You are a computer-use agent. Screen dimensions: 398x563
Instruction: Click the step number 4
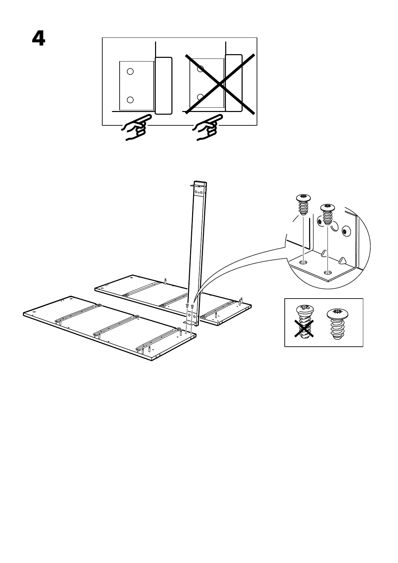(39, 39)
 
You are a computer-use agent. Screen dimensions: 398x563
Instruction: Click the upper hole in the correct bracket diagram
(130, 71)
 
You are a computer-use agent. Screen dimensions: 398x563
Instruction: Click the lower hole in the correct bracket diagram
(130, 99)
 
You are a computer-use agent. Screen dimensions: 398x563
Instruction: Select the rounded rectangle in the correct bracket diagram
(163, 86)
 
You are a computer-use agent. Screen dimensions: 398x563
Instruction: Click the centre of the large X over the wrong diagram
(220, 84)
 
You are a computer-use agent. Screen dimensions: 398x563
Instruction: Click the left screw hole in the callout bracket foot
(303, 262)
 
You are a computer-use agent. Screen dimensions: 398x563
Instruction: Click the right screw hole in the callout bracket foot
(328, 273)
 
